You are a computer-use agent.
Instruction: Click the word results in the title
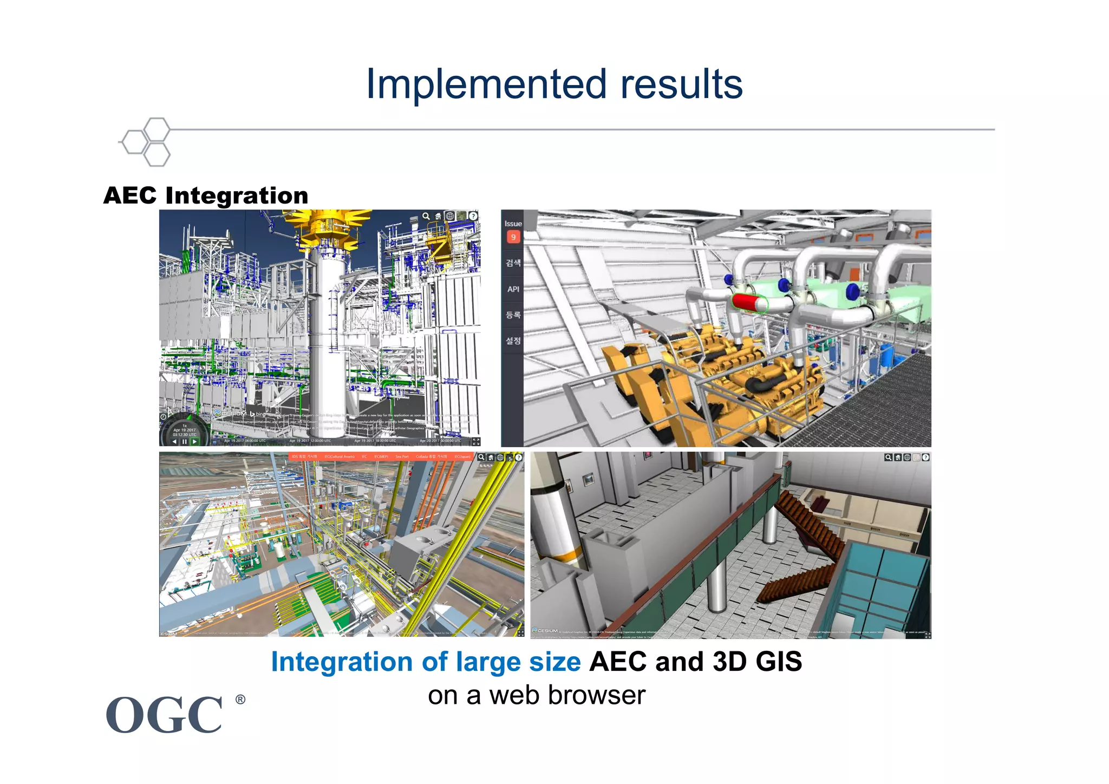pos(681,84)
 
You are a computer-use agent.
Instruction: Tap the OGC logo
pos(165,715)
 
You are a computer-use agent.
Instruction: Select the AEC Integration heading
pos(206,195)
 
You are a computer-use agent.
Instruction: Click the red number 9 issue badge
pos(513,237)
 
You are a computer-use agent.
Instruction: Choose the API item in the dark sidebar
pos(513,289)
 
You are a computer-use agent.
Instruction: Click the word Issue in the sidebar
pos(513,224)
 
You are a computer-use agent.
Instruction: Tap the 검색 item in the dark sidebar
pos(513,263)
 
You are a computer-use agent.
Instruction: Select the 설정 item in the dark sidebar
pos(513,341)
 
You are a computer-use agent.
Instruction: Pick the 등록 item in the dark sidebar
pos(513,315)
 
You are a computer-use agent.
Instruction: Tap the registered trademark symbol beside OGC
pos(240,700)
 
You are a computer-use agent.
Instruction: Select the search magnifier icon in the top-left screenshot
pos(426,216)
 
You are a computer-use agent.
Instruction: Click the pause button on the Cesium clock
pos(184,441)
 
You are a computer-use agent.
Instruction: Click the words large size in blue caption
pos(518,662)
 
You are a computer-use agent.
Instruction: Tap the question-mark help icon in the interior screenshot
pos(926,458)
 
